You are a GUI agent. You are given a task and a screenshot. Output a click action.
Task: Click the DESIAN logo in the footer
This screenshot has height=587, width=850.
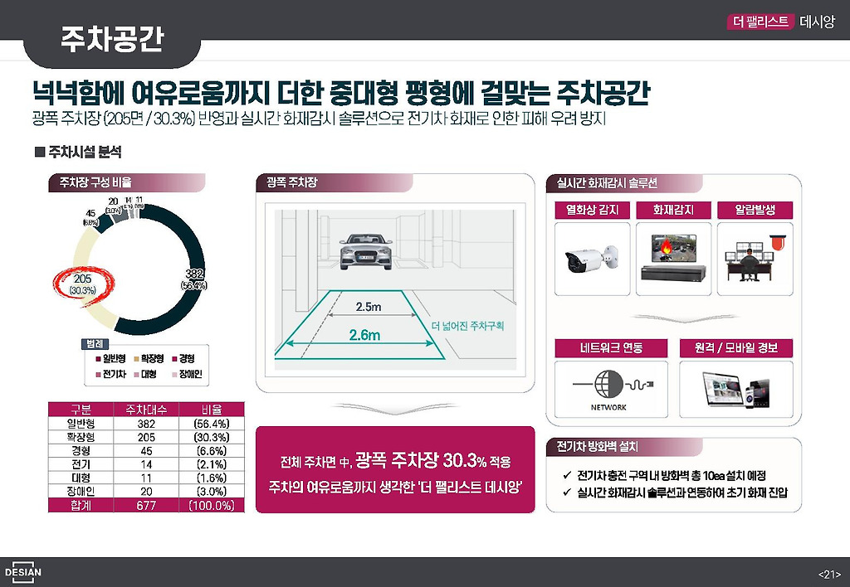pos(22,572)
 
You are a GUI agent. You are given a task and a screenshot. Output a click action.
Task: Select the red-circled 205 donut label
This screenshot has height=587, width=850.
pos(82,284)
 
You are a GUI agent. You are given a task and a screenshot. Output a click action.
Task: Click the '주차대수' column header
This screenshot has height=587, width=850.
pos(145,410)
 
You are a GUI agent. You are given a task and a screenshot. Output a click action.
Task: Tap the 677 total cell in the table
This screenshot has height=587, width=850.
pos(145,505)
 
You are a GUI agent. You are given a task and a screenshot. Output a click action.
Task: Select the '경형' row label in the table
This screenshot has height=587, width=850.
pos(81,450)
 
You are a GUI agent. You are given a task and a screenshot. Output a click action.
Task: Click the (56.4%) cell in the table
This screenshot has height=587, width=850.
pos(212,424)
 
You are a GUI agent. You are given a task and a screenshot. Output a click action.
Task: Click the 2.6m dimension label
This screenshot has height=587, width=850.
pos(364,335)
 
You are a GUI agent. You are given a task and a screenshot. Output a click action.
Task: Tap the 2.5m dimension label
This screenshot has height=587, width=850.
pos(368,307)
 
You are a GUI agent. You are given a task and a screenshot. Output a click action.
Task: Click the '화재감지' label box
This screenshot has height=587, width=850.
pos(673,211)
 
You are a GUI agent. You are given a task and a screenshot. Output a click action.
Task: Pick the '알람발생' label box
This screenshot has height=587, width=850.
pos(755,211)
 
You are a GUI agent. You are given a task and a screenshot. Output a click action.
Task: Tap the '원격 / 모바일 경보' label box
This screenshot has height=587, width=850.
pos(736,347)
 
